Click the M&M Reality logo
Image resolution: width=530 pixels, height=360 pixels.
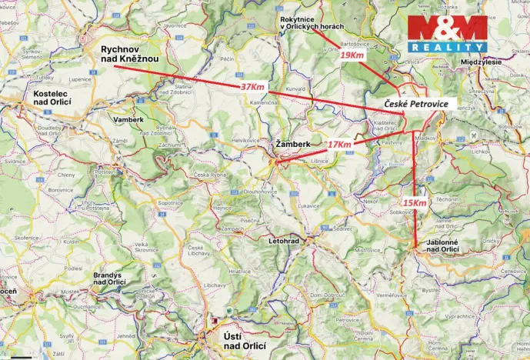click(x=447, y=33)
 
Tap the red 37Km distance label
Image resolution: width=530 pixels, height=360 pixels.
click(x=252, y=87)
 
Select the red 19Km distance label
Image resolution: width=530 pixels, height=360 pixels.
click(x=352, y=55)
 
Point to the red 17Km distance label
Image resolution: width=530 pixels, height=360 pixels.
click(x=339, y=145)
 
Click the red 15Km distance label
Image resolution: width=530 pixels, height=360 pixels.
click(x=415, y=202)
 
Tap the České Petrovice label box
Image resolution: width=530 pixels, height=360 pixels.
click(x=415, y=103)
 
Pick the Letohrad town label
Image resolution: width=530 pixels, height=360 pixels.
click(x=285, y=241)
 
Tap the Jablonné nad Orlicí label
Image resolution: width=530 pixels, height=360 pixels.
click(x=443, y=245)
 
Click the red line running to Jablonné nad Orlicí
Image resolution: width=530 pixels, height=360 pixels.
click(x=415, y=177)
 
